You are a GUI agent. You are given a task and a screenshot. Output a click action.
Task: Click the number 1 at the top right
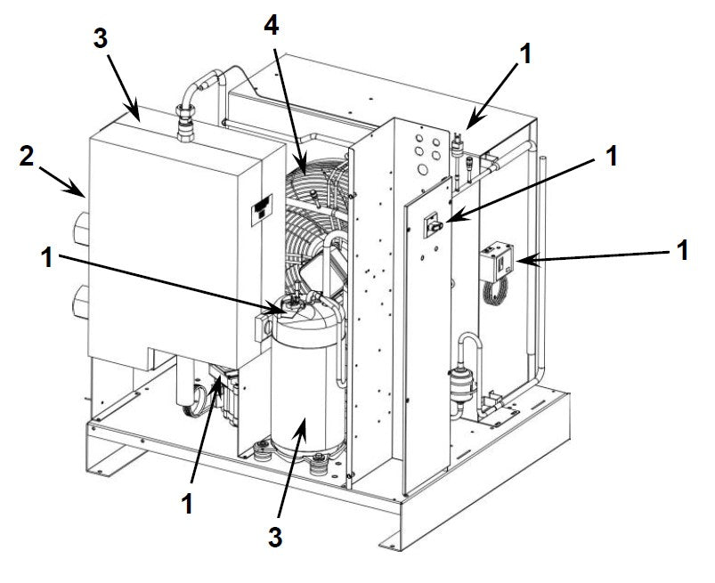[x=526, y=53]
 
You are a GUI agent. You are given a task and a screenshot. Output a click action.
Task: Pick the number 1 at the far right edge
[x=683, y=251]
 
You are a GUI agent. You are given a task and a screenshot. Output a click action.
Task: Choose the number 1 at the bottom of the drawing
[x=187, y=503]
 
